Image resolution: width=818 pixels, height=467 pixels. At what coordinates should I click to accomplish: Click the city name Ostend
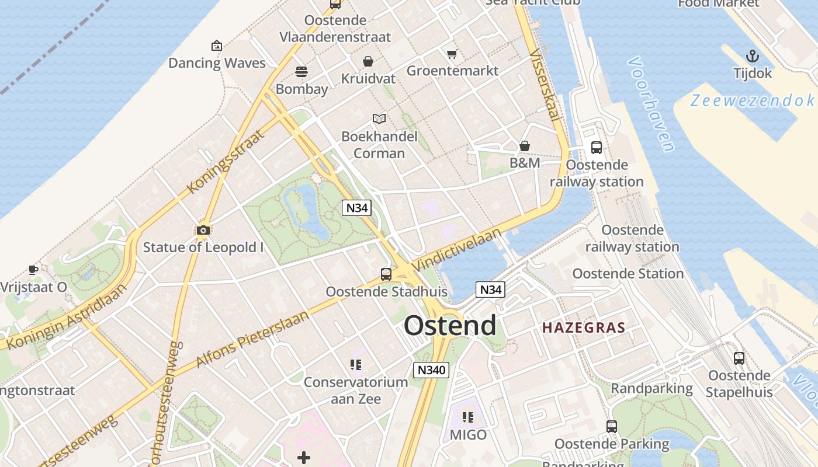(450, 326)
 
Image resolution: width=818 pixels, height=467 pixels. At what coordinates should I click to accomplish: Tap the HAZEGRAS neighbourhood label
(584, 327)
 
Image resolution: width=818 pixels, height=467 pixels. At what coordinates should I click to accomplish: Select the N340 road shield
(431, 370)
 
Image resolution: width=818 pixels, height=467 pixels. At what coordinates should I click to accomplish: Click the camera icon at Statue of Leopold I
(203, 230)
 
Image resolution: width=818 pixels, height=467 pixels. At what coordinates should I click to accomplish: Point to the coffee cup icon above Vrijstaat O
(33, 270)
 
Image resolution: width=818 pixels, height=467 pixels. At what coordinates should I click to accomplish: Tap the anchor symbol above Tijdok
(753, 56)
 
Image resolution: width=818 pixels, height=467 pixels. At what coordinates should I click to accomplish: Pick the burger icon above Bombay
(301, 72)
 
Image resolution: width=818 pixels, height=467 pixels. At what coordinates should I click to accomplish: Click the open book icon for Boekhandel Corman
(379, 119)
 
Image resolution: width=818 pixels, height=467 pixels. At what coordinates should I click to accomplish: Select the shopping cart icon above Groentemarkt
(452, 54)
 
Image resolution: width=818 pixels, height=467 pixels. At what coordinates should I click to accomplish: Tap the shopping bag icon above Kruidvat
(368, 61)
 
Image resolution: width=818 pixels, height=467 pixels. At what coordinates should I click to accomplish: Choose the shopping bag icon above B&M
(525, 146)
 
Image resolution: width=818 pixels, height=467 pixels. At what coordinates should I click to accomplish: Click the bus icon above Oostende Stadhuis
(386, 274)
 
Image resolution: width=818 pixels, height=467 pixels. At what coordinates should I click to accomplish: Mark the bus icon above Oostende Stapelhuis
(739, 358)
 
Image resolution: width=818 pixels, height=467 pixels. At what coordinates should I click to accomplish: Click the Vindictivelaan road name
(456, 249)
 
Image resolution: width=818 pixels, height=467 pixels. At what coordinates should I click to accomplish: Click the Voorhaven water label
(652, 104)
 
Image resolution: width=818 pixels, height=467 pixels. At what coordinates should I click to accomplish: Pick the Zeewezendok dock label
(753, 100)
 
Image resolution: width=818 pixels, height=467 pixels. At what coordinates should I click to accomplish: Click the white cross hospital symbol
(304, 458)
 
